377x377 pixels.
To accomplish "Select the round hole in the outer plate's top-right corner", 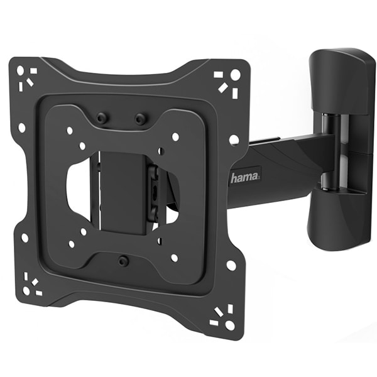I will pyautogui.click(x=235, y=74).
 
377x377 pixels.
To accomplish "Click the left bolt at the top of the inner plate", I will pyautogui.click(x=100, y=117).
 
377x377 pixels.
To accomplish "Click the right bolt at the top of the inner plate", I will pyautogui.click(x=139, y=118).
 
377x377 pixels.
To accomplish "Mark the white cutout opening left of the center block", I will pyautogui.click(x=79, y=188).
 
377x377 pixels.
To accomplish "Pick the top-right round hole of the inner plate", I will pyautogui.click(x=175, y=136).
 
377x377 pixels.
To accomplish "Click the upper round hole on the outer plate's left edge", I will pyautogui.click(x=21, y=128).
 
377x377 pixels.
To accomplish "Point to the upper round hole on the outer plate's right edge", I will pyautogui.click(x=234, y=139).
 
